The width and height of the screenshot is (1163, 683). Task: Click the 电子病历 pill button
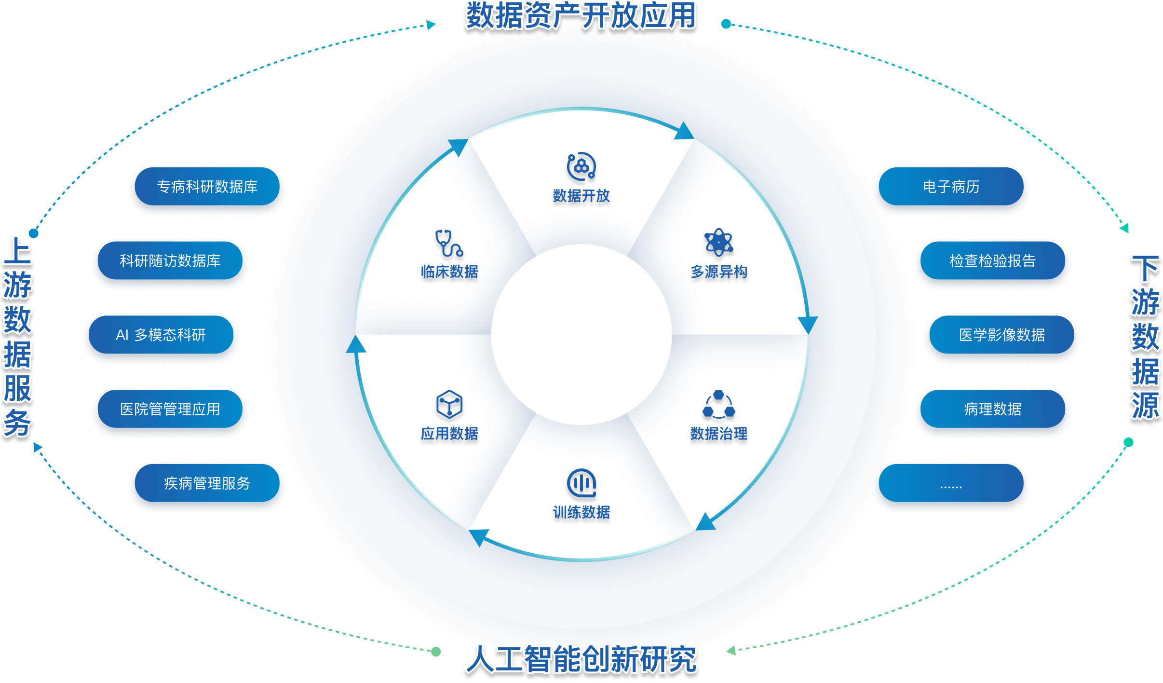(951, 187)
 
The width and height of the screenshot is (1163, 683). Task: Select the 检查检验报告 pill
(992, 261)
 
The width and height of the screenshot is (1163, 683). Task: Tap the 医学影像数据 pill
(1001, 335)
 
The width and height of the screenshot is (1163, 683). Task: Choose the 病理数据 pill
(992, 409)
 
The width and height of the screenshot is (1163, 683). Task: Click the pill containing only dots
(951, 483)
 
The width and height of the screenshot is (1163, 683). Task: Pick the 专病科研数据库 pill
(207, 187)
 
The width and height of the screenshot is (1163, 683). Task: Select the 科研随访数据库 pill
(170, 261)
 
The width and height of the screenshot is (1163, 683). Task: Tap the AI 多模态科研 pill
(161, 335)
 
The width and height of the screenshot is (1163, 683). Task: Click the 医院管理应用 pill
(170, 409)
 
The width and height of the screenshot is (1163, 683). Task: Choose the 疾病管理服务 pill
(207, 483)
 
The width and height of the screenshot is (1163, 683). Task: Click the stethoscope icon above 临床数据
(449, 243)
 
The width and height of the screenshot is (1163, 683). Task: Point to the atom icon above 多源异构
(718, 242)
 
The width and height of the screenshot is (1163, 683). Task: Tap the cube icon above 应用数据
(449, 404)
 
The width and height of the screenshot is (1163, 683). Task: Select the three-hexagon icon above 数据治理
(718, 404)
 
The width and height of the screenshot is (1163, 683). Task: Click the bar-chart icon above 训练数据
(581, 483)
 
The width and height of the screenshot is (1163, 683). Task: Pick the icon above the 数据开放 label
(581, 167)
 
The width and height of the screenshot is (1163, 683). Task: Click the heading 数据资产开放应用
(581, 15)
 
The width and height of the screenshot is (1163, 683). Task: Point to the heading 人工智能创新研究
(581, 659)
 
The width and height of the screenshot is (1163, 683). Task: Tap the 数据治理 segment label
(718, 434)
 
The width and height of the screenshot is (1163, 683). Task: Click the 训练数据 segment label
(581, 512)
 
